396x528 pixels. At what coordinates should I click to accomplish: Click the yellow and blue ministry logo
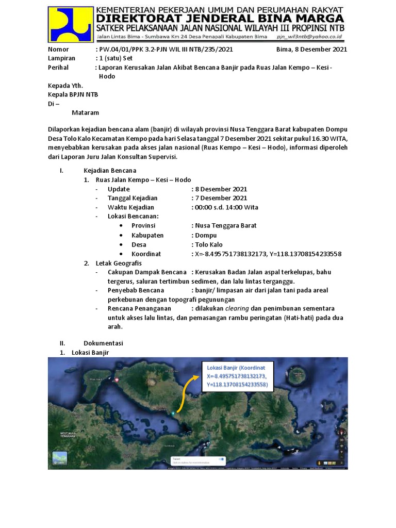tap(71, 24)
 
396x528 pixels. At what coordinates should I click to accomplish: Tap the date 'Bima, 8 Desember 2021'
tap(311, 49)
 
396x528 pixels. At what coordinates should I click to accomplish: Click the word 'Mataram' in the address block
tap(86, 112)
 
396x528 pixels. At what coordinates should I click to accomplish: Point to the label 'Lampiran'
tap(61, 58)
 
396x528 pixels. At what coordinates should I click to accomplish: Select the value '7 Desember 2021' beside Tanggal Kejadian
tap(220, 198)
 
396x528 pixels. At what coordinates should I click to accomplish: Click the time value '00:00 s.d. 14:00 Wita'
tap(226, 207)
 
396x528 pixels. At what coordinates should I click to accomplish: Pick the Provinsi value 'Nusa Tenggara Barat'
tap(225, 226)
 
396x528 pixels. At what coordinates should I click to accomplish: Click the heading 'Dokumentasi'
tap(103, 343)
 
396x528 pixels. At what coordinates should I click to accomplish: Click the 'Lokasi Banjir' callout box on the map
tap(237, 376)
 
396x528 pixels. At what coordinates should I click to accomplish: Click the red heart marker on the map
tap(118, 380)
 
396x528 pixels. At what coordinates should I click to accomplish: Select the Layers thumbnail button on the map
tap(60, 459)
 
